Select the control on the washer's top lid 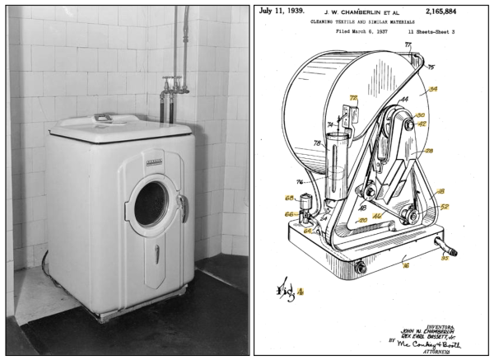point(105,118)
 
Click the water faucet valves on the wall point(172,85)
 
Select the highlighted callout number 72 point(353,98)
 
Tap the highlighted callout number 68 point(289,198)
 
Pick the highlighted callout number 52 point(444,207)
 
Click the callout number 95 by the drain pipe point(445,261)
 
